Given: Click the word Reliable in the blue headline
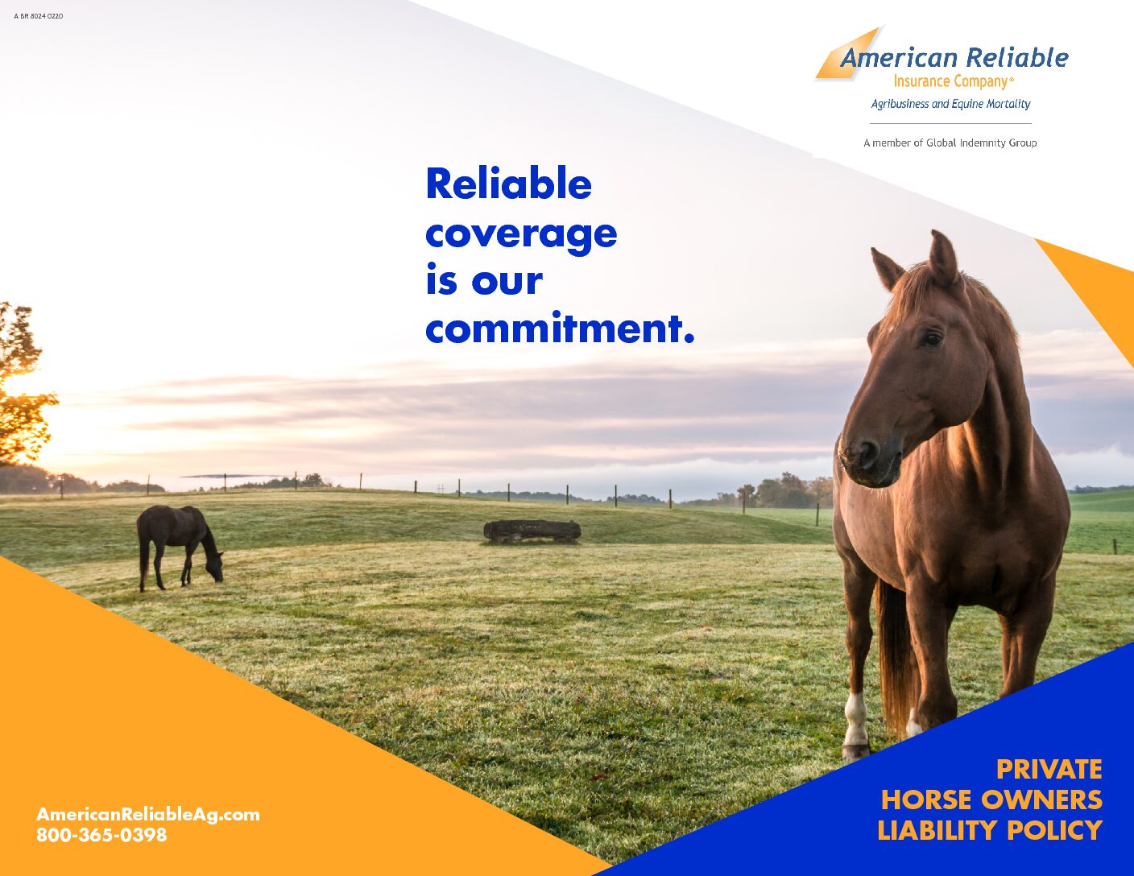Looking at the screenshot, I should click(x=508, y=184).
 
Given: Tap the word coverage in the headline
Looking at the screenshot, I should click(x=520, y=235).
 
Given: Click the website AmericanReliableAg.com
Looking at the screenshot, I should click(x=148, y=814).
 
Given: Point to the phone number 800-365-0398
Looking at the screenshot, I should click(x=101, y=835).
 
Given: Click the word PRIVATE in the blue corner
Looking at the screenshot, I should click(x=1049, y=770).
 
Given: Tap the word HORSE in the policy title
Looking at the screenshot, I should click(x=926, y=800).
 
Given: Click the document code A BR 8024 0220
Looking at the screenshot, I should click(x=38, y=16).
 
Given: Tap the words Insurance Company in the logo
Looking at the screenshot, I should click(x=950, y=81).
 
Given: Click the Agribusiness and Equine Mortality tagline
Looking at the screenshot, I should click(x=950, y=104).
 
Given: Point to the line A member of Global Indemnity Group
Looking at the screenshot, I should click(x=950, y=143).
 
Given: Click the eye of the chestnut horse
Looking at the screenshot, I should click(x=932, y=339).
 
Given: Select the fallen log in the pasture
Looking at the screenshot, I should click(x=532, y=531).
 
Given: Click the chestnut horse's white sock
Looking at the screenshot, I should click(x=855, y=721).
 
